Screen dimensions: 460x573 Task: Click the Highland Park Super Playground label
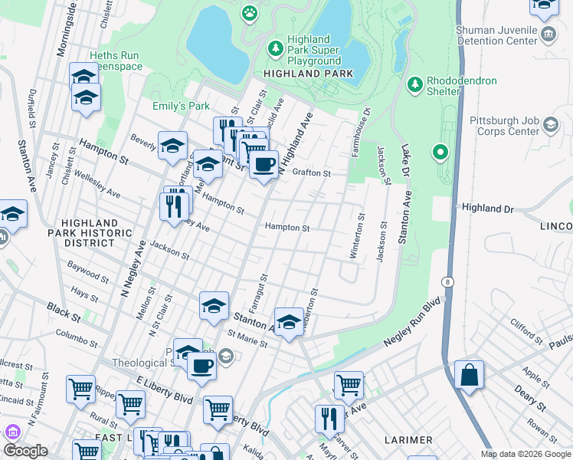click(314, 50)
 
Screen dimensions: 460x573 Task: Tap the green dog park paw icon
click(250, 12)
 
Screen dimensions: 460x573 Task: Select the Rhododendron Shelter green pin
click(414, 83)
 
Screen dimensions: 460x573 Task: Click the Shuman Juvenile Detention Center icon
click(548, 34)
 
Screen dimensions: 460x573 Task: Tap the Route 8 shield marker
click(447, 282)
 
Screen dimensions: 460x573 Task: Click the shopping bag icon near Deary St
click(469, 376)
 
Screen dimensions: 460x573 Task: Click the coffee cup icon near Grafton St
click(264, 164)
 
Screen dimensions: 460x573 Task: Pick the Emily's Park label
click(181, 106)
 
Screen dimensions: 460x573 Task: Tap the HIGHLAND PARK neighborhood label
click(308, 74)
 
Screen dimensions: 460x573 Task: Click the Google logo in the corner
click(25, 451)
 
